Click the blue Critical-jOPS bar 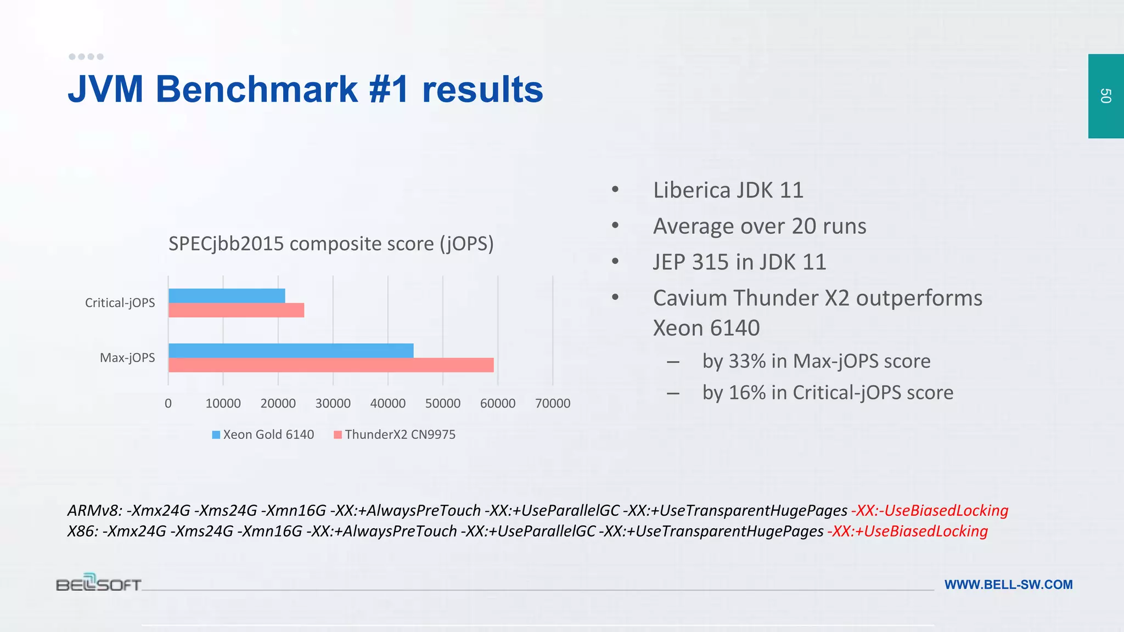pyautogui.click(x=227, y=296)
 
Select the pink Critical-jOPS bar pyautogui.click(x=236, y=311)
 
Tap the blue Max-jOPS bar pyautogui.click(x=291, y=351)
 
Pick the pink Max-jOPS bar pyautogui.click(x=331, y=365)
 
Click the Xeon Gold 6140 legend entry pyautogui.click(x=263, y=435)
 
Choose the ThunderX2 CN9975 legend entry pyautogui.click(x=395, y=435)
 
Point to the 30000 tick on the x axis pyautogui.click(x=333, y=403)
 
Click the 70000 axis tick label pyautogui.click(x=553, y=403)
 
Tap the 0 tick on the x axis pyautogui.click(x=168, y=403)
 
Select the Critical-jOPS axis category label pyautogui.click(x=120, y=303)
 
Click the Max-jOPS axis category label pyautogui.click(x=127, y=358)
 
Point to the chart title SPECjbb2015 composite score pyautogui.click(x=331, y=244)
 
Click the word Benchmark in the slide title pyautogui.click(x=257, y=89)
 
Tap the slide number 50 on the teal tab pyautogui.click(x=1105, y=96)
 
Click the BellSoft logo pyautogui.click(x=99, y=583)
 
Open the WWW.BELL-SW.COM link pyautogui.click(x=1008, y=585)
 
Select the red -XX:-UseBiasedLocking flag pyautogui.click(x=930, y=511)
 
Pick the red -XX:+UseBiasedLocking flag pyautogui.click(x=908, y=531)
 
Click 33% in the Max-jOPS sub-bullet pyautogui.click(x=746, y=361)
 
